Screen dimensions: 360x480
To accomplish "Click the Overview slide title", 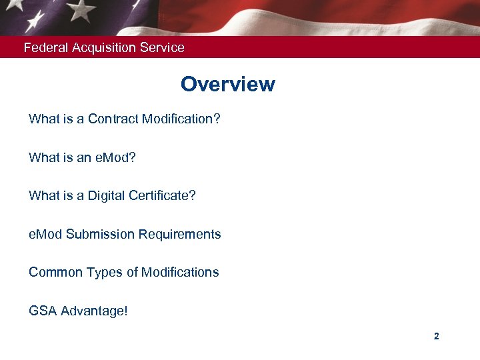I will (x=227, y=85).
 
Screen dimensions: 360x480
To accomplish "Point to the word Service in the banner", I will (x=163, y=47).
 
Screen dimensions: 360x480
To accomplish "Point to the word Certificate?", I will (x=165, y=196).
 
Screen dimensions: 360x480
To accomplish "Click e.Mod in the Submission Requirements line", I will (x=45, y=234).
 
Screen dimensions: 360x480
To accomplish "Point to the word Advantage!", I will (x=94, y=311).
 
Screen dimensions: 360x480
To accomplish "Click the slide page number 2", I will (x=436, y=337).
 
